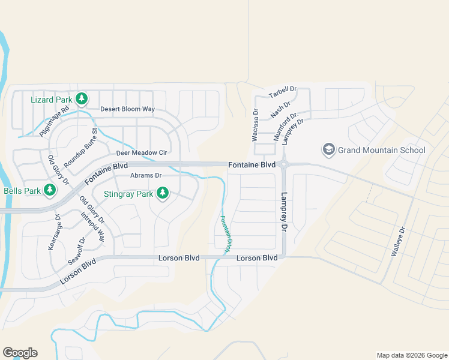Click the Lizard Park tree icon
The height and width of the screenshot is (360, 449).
(82, 98)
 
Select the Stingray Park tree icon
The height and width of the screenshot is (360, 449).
(162, 193)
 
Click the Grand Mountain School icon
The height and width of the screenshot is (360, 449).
(328, 149)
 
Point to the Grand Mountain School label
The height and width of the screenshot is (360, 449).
(381, 150)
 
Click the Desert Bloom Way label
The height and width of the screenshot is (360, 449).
(127, 109)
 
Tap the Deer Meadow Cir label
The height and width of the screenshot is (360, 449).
(141, 153)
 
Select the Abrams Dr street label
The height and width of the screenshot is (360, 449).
(146, 175)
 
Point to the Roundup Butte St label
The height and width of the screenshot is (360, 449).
(80, 148)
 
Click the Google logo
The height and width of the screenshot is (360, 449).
(20, 353)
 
